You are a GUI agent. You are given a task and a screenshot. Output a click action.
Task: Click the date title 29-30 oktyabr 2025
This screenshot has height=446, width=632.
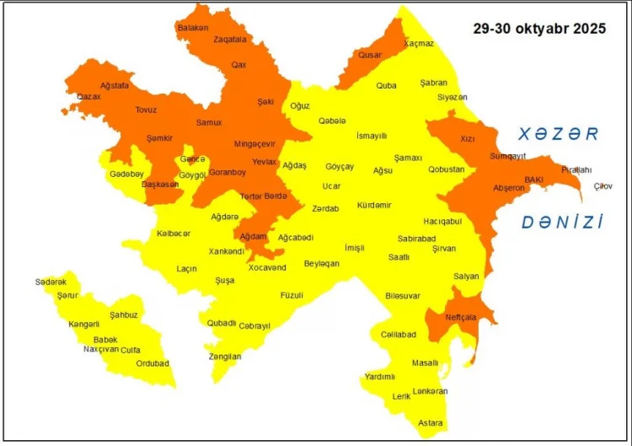[x=538, y=29]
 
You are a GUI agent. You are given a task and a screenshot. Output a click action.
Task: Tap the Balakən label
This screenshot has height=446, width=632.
[x=192, y=28]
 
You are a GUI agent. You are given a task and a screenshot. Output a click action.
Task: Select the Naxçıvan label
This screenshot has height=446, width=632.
[x=101, y=349]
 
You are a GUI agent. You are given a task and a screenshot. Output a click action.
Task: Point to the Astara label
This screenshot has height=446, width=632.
[x=431, y=422]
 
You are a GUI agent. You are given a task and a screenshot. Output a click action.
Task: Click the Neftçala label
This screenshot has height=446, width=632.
[x=462, y=317]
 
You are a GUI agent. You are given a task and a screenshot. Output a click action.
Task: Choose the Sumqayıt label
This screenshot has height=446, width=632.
[x=507, y=156]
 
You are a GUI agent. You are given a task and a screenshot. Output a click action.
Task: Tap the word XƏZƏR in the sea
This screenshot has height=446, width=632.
[x=558, y=134]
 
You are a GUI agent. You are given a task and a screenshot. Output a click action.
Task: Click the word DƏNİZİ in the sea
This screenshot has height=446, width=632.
[x=562, y=223]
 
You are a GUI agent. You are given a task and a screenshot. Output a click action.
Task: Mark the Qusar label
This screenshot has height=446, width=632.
[x=370, y=55]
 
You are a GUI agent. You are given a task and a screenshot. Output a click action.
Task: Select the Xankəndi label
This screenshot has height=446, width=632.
[x=227, y=251]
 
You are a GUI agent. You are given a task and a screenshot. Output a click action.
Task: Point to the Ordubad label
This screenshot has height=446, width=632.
[x=153, y=363]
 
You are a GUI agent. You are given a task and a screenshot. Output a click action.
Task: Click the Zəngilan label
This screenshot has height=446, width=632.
[x=225, y=357]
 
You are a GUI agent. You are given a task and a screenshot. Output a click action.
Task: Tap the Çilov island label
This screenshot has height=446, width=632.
[x=603, y=185]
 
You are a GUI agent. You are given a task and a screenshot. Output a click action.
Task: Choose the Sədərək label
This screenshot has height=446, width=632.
[x=51, y=282]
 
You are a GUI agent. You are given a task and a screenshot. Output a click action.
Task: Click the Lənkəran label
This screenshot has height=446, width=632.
[x=431, y=391]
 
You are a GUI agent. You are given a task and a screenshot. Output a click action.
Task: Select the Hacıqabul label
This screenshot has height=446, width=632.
[x=442, y=221]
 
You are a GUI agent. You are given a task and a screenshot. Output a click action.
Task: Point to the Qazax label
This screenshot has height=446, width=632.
[x=88, y=97]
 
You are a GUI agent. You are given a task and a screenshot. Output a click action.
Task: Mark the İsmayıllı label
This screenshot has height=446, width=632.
[x=372, y=136]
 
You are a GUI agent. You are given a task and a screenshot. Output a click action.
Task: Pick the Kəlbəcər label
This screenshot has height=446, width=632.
[x=174, y=233]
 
